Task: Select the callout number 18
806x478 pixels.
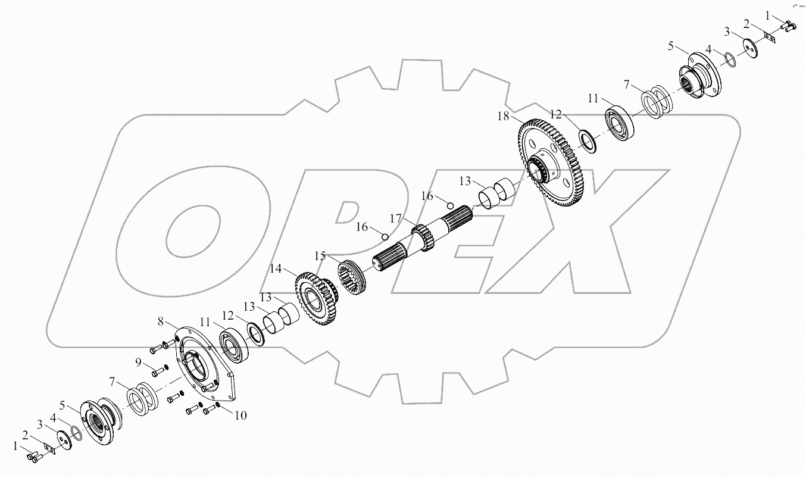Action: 504,117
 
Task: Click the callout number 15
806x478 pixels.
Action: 320,256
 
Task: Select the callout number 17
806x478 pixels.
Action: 396,218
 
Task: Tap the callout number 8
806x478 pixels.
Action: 160,322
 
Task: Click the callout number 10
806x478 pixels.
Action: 240,415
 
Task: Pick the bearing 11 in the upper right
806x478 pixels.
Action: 620,123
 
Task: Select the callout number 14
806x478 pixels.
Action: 275,269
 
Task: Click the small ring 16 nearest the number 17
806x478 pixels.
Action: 385,237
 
